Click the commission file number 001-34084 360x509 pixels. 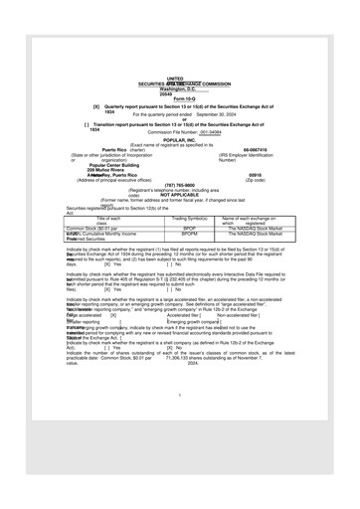[x=210, y=131]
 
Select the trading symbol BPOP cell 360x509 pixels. [x=188, y=227]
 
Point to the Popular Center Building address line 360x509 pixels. [x=112, y=164]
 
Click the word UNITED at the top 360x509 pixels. [x=175, y=78]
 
